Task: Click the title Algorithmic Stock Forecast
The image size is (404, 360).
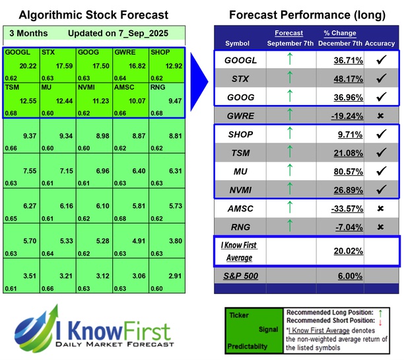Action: coord(93,15)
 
